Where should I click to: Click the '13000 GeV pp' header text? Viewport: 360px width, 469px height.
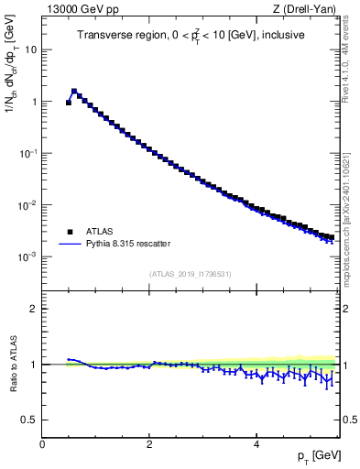pos(82,9)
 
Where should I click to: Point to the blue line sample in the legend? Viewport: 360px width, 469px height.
pos(70,244)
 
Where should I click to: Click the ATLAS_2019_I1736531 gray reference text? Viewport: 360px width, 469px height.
pos(191,273)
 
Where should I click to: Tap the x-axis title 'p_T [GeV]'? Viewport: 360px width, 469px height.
pos(320,455)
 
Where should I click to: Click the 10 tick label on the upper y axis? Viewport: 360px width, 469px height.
pos(30,50)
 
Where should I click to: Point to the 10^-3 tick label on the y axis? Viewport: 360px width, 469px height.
pos(27,257)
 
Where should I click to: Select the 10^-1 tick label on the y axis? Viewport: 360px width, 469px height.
pos(27,154)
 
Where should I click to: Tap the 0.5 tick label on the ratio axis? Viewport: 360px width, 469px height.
pos(30,420)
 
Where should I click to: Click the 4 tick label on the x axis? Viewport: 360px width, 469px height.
pos(256,444)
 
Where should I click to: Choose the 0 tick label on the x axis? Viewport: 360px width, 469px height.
pos(42,444)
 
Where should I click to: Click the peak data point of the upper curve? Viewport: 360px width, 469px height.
pos(74,92)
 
